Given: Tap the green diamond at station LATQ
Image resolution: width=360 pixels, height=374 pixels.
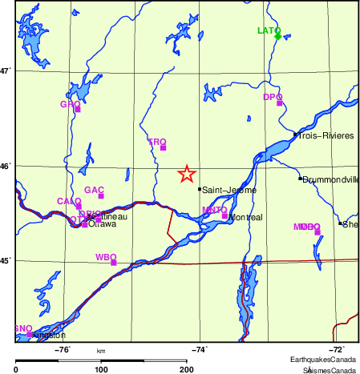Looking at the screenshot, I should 278,36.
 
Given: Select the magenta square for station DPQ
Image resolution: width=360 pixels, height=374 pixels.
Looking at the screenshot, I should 280,103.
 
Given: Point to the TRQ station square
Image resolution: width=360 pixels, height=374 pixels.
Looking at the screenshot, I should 164,147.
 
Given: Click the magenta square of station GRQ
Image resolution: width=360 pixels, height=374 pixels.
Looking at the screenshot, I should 78,109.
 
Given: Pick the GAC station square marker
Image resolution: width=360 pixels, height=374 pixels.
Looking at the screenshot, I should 102,195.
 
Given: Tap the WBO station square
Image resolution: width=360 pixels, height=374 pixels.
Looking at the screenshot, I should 114,262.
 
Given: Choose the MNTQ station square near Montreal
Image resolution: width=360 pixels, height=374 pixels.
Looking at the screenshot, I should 224,215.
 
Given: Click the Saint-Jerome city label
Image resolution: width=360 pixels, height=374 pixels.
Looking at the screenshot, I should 229,191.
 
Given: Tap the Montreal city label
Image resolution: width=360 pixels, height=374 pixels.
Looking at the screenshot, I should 245,218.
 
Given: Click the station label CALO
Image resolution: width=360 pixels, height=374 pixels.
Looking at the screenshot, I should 68,201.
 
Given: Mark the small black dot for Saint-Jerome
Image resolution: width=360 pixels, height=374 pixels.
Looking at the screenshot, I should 200,189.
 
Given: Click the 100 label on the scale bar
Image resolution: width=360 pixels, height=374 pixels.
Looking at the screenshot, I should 101,369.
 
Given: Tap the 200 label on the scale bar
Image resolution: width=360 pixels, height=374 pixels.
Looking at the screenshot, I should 187,369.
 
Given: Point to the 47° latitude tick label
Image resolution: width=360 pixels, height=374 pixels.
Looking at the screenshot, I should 6,70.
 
